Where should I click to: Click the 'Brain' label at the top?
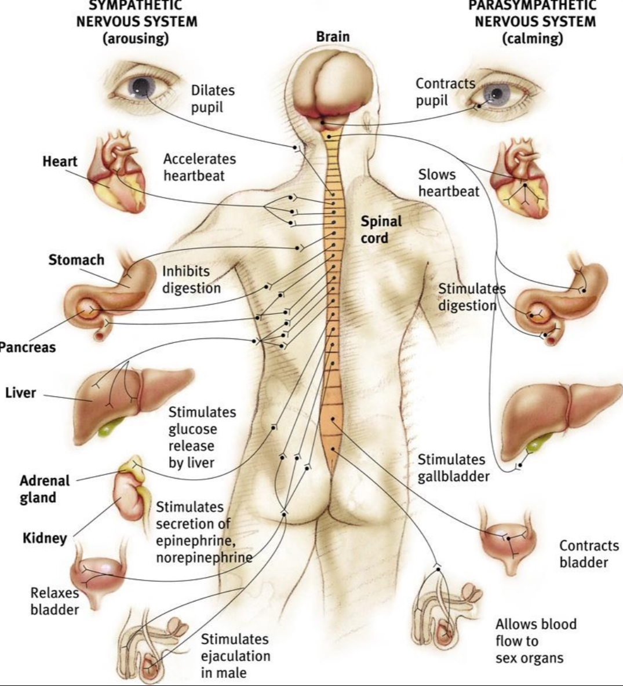(333, 37)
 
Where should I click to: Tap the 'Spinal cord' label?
(380, 229)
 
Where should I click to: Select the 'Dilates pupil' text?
(213, 98)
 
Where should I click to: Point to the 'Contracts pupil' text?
(445, 92)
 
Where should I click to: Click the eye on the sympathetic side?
(140, 87)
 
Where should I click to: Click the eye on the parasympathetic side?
(497, 93)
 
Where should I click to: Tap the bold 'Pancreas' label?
(27, 347)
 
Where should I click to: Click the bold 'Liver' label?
(21, 393)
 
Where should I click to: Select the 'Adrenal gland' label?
(45, 489)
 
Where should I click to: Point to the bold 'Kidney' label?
(45, 538)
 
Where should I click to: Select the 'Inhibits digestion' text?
(191, 279)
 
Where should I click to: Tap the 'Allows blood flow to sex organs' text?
(535, 641)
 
